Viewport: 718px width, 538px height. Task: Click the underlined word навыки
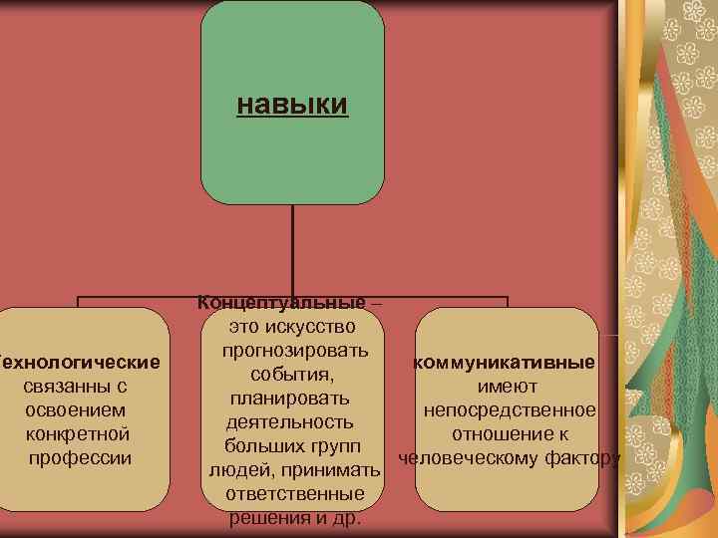(292, 105)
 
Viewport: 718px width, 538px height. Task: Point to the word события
(290, 374)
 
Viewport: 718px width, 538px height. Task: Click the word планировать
(289, 398)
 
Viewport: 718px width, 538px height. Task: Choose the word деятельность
(289, 421)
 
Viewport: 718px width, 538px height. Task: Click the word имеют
(508, 386)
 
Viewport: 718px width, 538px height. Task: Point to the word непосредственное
(510, 409)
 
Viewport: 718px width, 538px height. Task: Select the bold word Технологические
(80, 360)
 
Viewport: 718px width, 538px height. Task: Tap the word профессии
(80, 457)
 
